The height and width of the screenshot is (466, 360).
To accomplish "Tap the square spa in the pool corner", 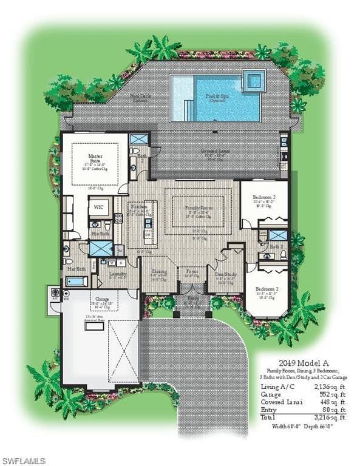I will (254, 79).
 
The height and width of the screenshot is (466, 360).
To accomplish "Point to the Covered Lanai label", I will (216, 150).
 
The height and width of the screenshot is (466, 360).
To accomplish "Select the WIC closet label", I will (98, 207).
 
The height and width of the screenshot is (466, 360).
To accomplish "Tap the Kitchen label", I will (134, 207).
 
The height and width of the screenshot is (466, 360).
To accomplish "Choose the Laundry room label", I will (117, 274).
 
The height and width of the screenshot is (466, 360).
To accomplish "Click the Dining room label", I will (159, 272).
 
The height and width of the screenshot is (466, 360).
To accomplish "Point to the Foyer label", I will (192, 272).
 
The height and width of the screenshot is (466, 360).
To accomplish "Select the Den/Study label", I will (225, 274).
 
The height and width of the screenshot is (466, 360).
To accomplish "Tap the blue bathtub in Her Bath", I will (76, 281).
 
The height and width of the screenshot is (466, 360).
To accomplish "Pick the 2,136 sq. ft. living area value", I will (328, 386).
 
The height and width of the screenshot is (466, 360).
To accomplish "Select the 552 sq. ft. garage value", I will (331, 394).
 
